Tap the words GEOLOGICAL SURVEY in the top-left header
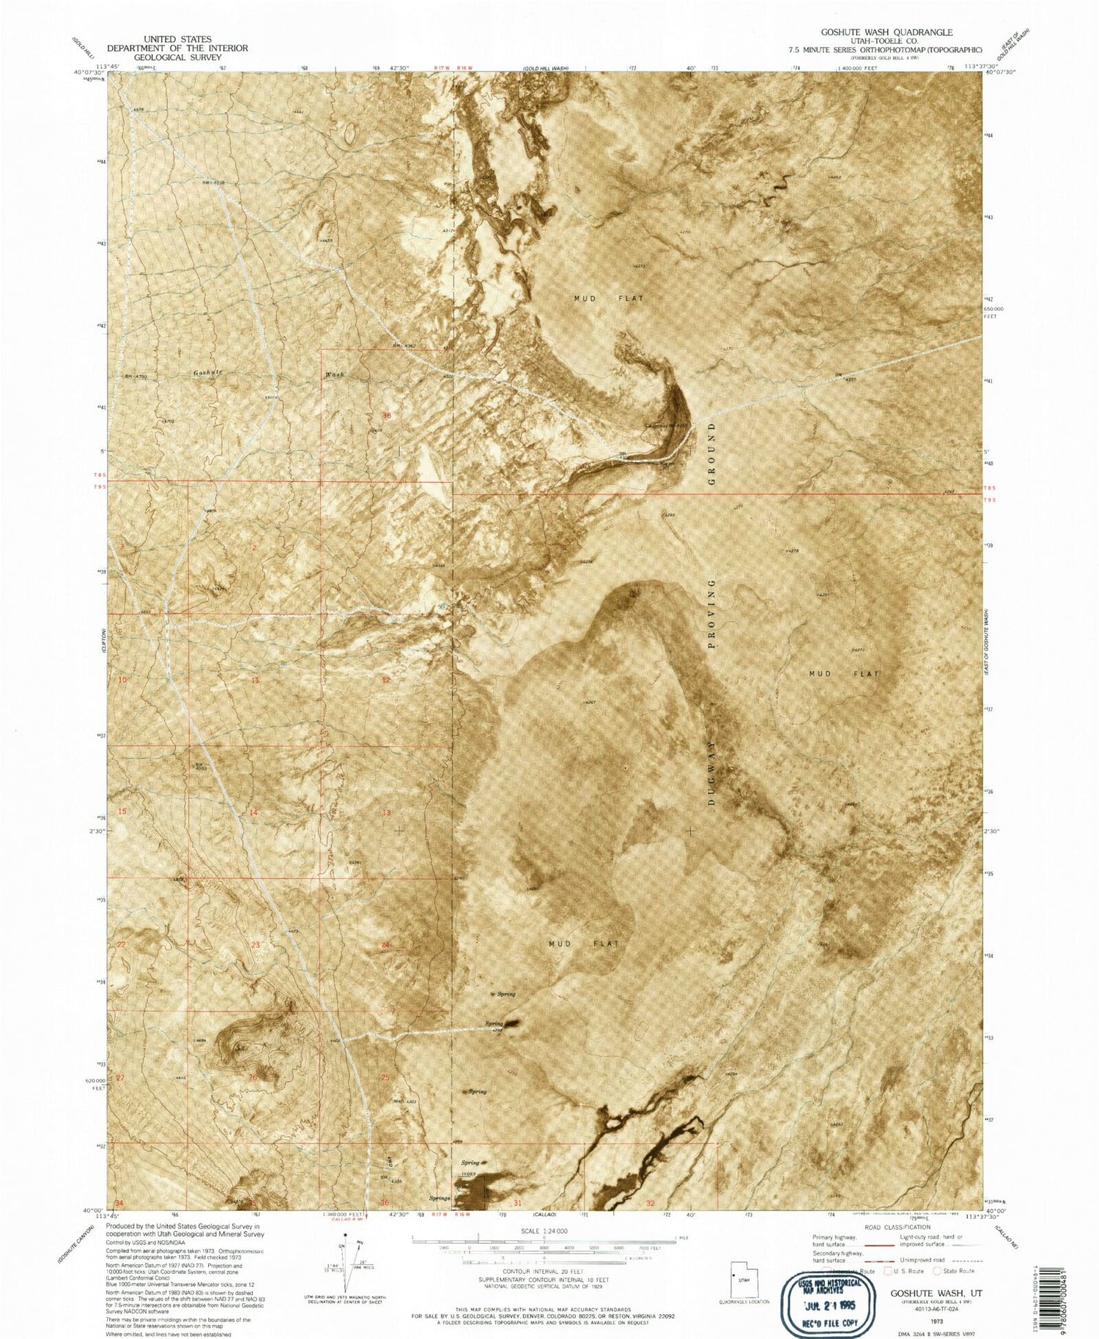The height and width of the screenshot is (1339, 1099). point(177,57)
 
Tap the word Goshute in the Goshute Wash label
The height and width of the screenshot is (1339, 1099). point(207,373)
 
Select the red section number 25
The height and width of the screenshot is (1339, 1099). point(385,1077)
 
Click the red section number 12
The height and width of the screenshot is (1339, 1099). point(385,680)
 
